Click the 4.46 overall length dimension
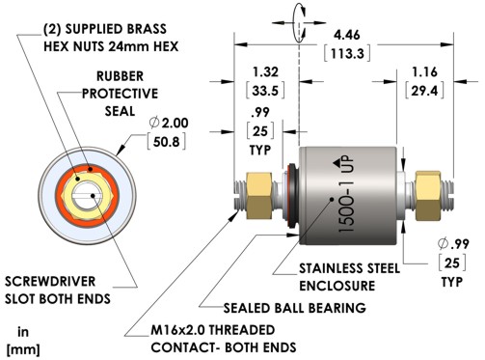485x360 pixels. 347,35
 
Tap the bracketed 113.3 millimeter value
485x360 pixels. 347,53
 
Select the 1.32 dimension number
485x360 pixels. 265,71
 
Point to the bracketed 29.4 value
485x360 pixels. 424,91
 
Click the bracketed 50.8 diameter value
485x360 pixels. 166,142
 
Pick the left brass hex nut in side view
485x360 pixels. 258,196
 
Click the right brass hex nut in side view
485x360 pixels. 427,196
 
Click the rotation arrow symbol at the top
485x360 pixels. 299,23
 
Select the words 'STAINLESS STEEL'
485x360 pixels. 349,268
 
